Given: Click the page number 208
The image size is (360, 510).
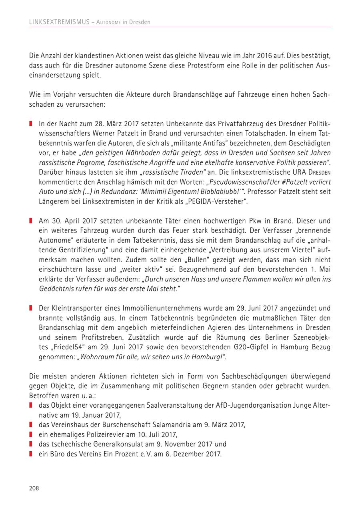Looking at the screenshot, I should pyautogui.click(x=34, y=488).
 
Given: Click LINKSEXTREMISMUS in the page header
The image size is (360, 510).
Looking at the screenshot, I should pyautogui.click(x=59, y=22).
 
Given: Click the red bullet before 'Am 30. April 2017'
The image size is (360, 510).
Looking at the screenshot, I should pyautogui.click(x=31, y=221).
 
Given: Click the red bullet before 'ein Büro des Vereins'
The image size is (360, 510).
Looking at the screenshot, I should pyautogui.click(x=31, y=454).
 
